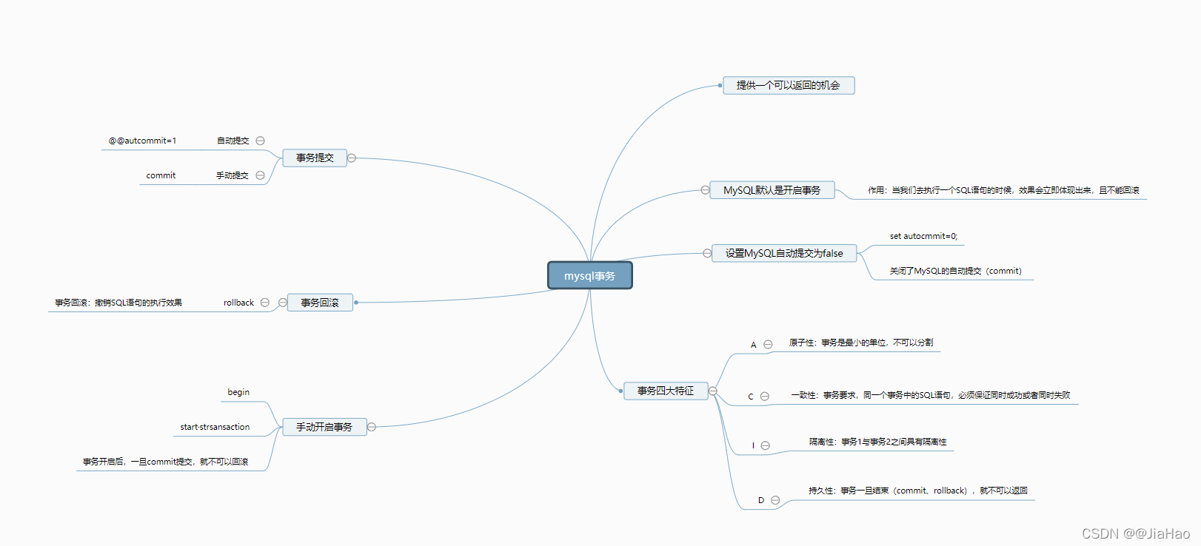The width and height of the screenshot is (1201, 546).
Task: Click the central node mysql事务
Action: click(x=589, y=276)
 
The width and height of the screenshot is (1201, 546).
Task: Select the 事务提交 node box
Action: click(x=315, y=158)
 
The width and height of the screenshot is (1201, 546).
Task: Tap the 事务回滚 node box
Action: click(x=319, y=303)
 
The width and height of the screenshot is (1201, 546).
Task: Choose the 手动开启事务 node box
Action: click(x=324, y=427)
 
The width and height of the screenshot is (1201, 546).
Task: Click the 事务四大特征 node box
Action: click(x=665, y=391)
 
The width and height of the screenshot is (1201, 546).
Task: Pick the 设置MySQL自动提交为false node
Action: click(x=783, y=253)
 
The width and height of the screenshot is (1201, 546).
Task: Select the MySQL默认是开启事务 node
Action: click(x=772, y=190)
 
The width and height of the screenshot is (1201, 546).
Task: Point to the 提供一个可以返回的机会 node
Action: click(x=788, y=86)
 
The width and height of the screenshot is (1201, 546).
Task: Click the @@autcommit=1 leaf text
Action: click(x=142, y=141)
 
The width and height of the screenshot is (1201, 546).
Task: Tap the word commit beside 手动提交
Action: click(x=161, y=175)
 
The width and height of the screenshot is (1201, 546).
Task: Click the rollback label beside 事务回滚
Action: click(x=238, y=303)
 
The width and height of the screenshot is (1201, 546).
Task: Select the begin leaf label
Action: click(x=238, y=392)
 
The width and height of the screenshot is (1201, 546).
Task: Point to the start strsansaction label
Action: click(x=215, y=427)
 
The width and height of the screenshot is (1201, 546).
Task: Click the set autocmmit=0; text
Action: click(x=923, y=236)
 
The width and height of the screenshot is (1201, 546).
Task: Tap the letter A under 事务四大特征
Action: click(x=754, y=345)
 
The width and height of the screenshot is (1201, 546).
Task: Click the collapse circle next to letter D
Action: click(x=775, y=500)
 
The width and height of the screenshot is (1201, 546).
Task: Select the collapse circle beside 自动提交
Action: click(x=260, y=141)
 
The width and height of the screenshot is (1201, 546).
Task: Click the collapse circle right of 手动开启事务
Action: click(x=372, y=427)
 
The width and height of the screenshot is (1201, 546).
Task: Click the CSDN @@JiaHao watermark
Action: click(x=1136, y=533)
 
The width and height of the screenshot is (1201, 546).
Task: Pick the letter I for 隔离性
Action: click(x=753, y=445)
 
